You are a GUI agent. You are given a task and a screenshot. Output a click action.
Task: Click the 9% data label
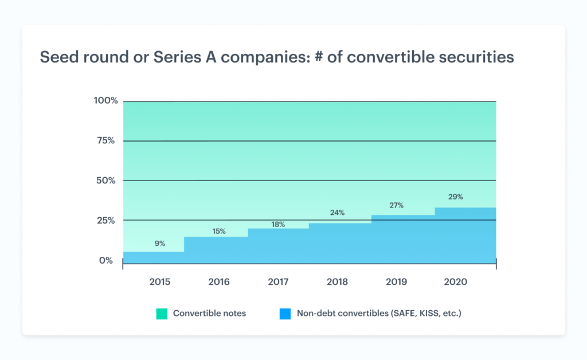pos(159,244)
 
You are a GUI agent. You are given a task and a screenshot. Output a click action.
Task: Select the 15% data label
pos(219,232)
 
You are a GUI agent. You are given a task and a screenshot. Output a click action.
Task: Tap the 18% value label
pos(278,225)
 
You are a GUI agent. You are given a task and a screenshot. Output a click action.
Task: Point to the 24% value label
pos(337,213)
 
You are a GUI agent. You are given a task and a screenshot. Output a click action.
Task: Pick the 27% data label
pos(397,205)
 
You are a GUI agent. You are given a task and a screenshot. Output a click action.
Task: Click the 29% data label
pos(456,197)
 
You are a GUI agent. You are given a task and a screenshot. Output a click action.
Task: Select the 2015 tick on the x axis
pos(159,282)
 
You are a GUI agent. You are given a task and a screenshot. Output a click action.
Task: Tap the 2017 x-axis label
pos(278,282)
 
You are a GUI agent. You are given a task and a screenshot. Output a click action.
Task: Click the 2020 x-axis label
pos(456,282)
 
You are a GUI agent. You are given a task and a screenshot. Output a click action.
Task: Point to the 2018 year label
pos(337,282)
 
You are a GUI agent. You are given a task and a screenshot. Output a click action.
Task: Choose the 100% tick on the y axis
pos(105,101)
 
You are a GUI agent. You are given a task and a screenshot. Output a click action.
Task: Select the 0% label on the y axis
pos(105,261)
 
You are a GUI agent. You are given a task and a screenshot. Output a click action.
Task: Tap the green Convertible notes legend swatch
pos(162,314)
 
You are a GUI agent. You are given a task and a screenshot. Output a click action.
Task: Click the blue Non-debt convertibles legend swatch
pos(285,314)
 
